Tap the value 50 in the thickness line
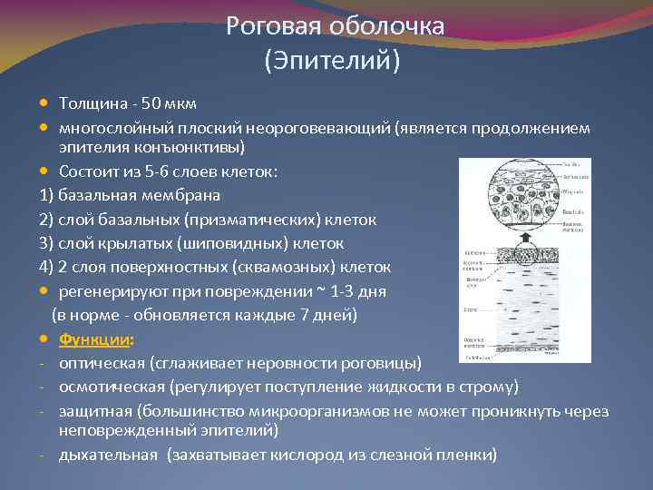(x=158, y=103)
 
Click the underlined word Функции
(x=94, y=339)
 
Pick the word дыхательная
(x=108, y=454)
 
